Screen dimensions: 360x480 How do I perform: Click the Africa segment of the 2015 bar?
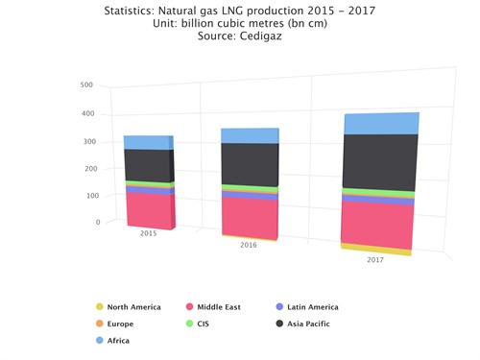click(x=148, y=142)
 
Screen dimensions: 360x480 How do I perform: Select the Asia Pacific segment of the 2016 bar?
click(x=250, y=163)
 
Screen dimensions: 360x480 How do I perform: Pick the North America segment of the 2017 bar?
click(x=376, y=249)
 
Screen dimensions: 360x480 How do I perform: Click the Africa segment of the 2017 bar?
click(x=381, y=124)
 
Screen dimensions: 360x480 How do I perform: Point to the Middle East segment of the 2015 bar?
click(x=148, y=210)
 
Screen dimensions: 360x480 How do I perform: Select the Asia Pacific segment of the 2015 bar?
click(x=148, y=165)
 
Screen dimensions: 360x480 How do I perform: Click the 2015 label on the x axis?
click(x=149, y=233)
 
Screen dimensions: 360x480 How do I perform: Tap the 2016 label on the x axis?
click(x=248, y=246)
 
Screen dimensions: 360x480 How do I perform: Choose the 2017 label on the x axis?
click(x=374, y=260)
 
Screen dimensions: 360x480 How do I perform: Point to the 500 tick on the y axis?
click(x=86, y=84)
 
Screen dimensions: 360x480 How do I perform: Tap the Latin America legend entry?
click(x=312, y=307)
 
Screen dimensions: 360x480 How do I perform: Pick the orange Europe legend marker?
click(x=100, y=324)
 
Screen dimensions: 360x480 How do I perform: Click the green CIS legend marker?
click(x=189, y=324)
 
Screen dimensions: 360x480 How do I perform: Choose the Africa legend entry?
click(x=117, y=340)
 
